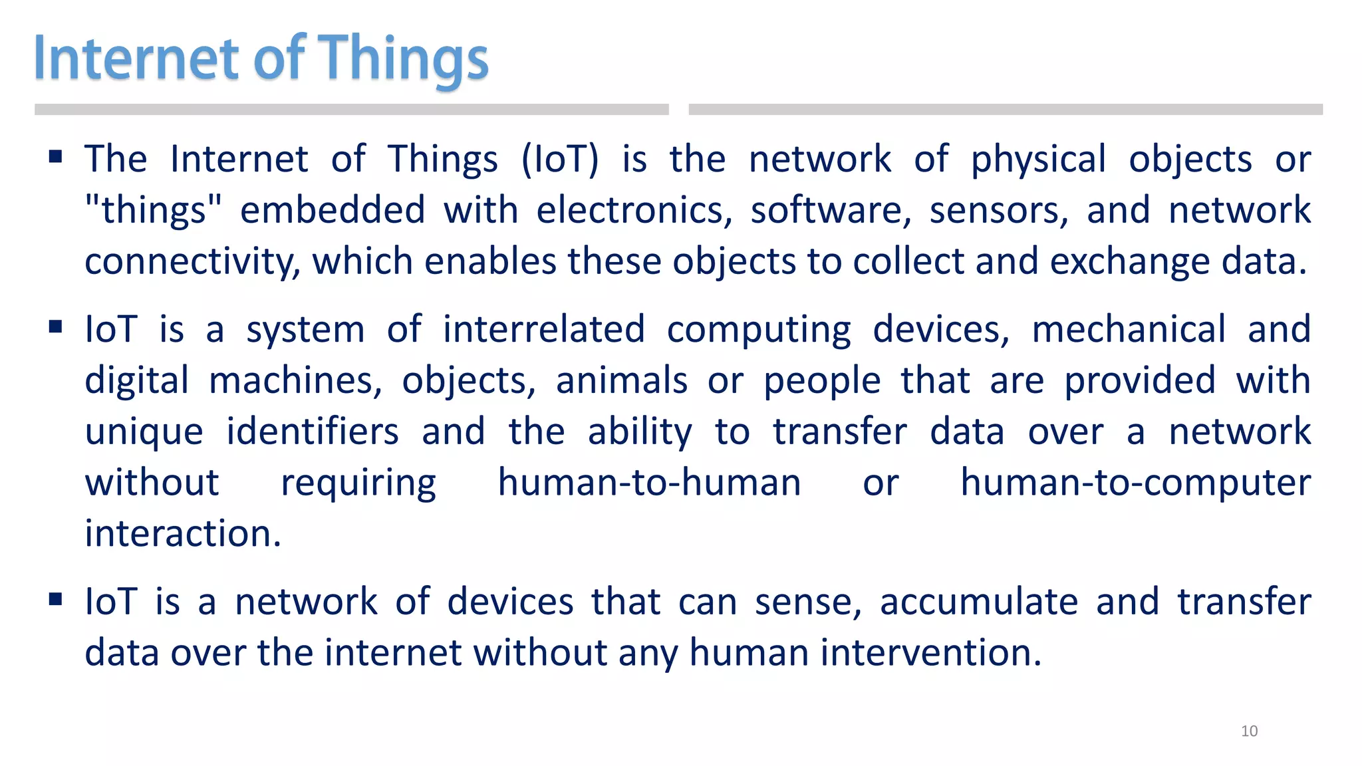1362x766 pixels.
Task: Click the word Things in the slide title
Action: click(404, 59)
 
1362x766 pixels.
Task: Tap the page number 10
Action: click(1249, 731)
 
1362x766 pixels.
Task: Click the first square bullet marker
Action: click(56, 158)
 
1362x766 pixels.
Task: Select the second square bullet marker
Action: click(56, 327)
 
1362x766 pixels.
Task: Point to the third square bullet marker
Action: click(56, 600)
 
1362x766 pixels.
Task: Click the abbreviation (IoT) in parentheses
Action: click(560, 160)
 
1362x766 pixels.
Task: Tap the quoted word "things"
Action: click(153, 210)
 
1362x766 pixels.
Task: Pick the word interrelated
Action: click(543, 329)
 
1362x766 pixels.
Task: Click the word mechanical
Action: click(1129, 329)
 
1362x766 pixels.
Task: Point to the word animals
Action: click(621, 381)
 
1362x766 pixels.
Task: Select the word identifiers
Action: click(313, 432)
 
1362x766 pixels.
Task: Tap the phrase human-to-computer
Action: click(1135, 483)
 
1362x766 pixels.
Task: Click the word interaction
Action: click(183, 534)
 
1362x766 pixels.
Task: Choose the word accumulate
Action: click(978, 602)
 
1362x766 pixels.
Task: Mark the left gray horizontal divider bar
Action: click(351, 110)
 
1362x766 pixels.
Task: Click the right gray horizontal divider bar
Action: click(1005, 110)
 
